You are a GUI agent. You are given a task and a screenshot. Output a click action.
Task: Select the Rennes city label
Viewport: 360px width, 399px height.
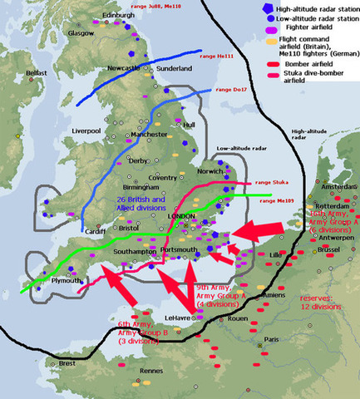(151, 371)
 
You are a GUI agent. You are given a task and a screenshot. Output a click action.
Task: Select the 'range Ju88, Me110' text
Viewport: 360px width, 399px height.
(156, 6)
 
